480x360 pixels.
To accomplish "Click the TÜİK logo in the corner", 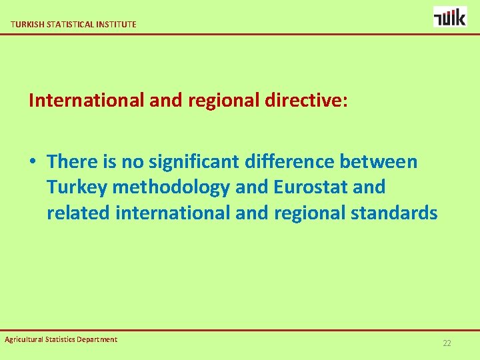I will tap(450, 16).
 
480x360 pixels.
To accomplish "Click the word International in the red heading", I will tap(85, 101).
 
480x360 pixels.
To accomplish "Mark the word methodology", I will tap(171, 187).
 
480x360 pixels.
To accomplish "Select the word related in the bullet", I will tap(79, 213).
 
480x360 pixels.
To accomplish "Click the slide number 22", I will tap(447, 343).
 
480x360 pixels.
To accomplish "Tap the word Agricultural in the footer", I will tap(24, 339).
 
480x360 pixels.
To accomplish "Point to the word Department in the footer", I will tap(97, 339).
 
